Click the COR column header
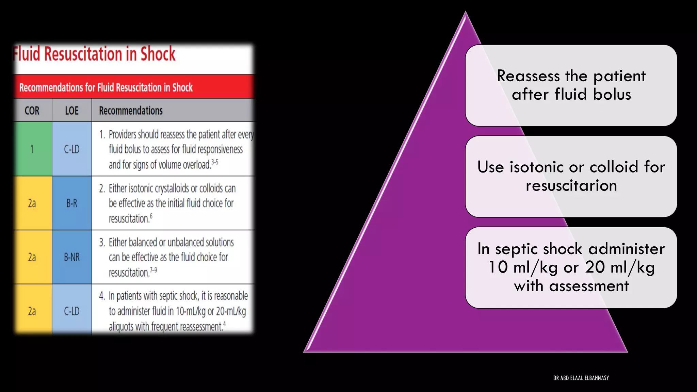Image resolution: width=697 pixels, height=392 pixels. pos(32,111)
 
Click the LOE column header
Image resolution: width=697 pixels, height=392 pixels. pos(71,111)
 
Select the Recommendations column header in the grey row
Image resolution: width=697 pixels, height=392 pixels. pos(131,111)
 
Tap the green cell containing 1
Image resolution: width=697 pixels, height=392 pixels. pos(32,149)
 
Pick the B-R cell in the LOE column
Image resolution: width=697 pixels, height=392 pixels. pos(71,203)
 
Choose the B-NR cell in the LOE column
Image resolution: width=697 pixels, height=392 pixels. pos(71,257)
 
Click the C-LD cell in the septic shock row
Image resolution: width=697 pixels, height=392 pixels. pos(71,311)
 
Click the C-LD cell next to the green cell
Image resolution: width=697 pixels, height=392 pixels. pos(71,149)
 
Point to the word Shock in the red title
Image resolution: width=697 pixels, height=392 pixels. pos(158,54)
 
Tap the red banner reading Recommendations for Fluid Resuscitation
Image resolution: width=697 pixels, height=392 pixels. pos(106,87)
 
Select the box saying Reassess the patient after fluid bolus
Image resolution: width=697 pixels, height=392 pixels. pos(571,85)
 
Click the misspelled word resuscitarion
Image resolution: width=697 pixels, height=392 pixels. pos(571,186)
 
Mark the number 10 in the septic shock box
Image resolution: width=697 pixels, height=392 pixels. pos(498,267)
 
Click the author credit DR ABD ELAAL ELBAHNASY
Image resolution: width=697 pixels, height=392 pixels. pos(581,378)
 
